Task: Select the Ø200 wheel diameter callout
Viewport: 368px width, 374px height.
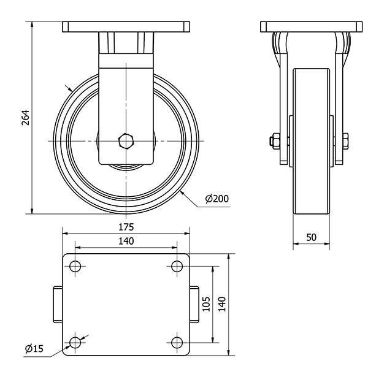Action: tap(217, 199)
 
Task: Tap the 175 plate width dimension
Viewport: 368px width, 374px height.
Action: tap(126, 227)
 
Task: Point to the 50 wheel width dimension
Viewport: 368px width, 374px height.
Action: tap(311, 237)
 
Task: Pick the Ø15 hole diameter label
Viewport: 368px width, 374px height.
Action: tap(34, 349)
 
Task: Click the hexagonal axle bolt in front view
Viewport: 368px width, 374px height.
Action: tap(126, 141)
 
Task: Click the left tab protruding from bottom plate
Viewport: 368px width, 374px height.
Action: tap(57, 304)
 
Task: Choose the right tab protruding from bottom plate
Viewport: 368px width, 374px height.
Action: tap(194, 304)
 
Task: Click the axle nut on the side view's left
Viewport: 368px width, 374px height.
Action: tap(274, 141)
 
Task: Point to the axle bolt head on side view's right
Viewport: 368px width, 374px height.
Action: tap(345, 141)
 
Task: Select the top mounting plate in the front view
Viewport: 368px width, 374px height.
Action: tap(126, 27)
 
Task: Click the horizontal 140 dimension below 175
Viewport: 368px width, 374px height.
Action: tap(126, 242)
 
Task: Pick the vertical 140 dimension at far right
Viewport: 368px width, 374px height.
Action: tap(222, 303)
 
